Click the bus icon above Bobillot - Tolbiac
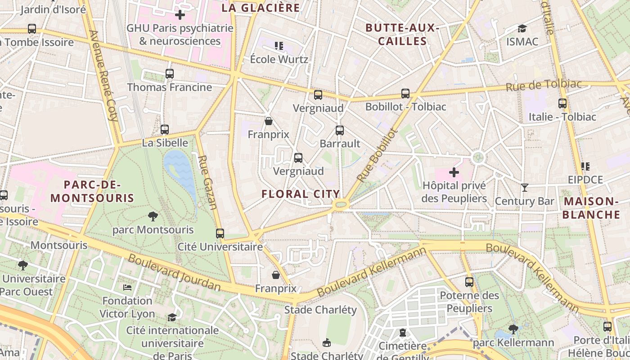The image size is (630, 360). pos(405,94)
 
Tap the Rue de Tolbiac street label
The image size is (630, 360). pos(544,85)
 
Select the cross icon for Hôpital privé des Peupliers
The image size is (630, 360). pos(454,172)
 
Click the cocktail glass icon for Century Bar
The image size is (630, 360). pos(524,187)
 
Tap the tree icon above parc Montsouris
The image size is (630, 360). pos(153,216)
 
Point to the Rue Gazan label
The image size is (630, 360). pos(207,182)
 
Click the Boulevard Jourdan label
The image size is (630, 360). pos(175,273)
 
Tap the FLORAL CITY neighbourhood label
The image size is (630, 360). pos(301,194)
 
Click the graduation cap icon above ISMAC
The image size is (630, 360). pos(522,29)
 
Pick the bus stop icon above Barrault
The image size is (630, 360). pos(340,130)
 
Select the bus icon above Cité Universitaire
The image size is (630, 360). pos(220,233)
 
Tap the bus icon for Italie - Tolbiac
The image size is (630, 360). pos(562,103)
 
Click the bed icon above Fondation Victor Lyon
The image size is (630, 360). pos(127,287)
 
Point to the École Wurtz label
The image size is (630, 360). pos(279,59)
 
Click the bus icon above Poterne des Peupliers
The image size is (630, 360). pos(469,282)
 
